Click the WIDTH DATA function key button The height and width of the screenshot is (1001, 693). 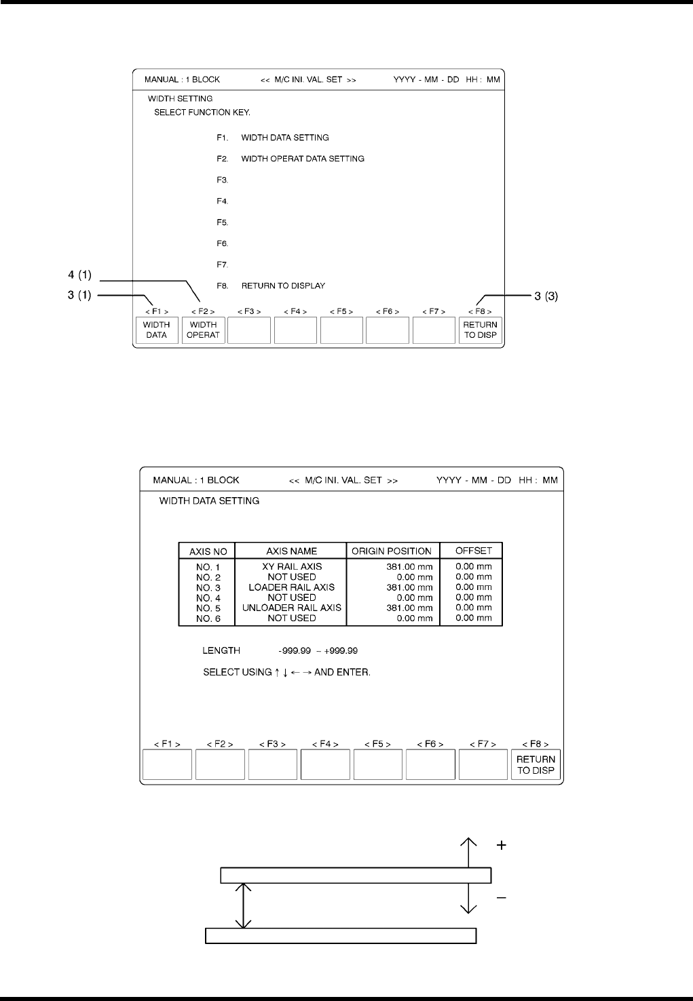[x=156, y=330]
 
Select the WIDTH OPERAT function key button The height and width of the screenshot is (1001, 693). [x=203, y=330]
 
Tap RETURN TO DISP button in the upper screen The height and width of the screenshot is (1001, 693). [x=481, y=330]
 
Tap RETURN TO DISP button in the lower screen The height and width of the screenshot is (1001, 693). [x=536, y=765]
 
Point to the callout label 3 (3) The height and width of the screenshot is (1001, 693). [x=546, y=296]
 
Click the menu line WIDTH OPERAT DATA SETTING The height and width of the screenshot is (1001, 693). [x=303, y=159]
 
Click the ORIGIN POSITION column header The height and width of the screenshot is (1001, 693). [x=392, y=551]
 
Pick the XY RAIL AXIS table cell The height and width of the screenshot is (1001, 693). [x=292, y=566]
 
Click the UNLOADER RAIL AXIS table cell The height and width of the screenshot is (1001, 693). [x=292, y=608]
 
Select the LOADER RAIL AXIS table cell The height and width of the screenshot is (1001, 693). [x=292, y=587]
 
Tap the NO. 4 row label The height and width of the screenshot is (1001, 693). [x=208, y=598]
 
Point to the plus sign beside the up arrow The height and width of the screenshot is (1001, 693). [x=502, y=846]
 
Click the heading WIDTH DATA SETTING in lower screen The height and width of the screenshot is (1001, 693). [x=209, y=501]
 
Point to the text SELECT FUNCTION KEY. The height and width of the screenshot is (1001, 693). [x=202, y=112]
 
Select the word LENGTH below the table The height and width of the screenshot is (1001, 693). [x=221, y=651]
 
